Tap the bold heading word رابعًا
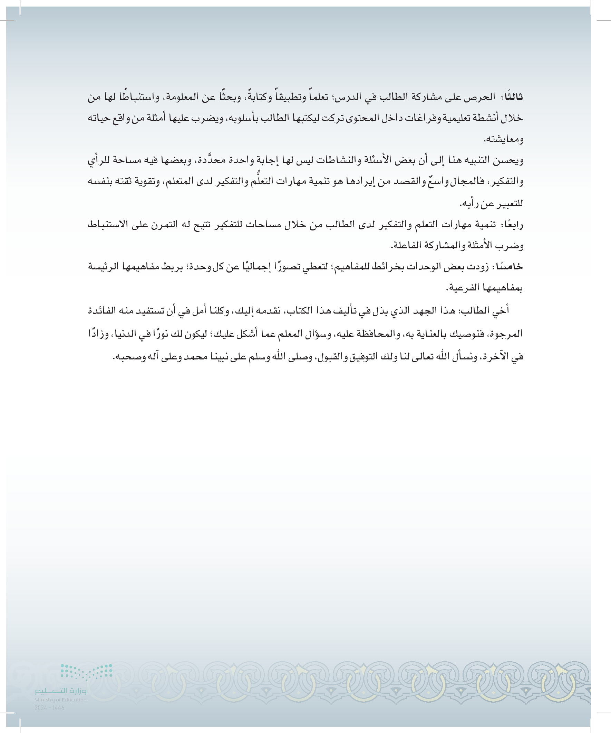pyautogui.click(x=513, y=225)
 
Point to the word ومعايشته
pyautogui.click(x=503, y=140)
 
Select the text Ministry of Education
pyautogui.click(x=60, y=700)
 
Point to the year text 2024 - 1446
pyautogui.click(x=49, y=708)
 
